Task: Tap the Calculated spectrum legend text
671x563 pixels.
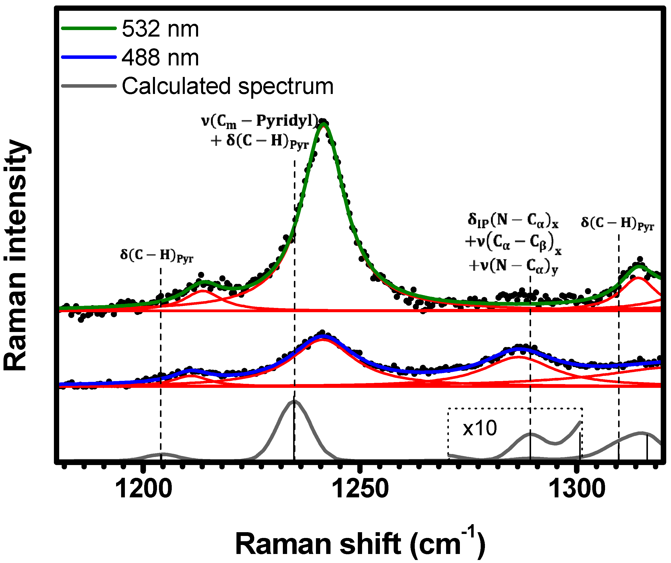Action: pyautogui.click(x=227, y=86)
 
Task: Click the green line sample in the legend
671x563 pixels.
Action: pyautogui.click(x=89, y=28)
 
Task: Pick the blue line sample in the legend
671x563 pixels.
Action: pyautogui.click(x=89, y=57)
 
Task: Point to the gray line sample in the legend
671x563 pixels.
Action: pyautogui.click(x=89, y=86)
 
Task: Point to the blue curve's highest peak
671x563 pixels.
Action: pyautogui.click(x=323, y=336)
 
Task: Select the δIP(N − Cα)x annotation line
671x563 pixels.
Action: pyautogui.click(x=513, y=220)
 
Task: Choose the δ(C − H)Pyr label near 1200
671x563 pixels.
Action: pyautogui.click(x=156, y=256)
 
